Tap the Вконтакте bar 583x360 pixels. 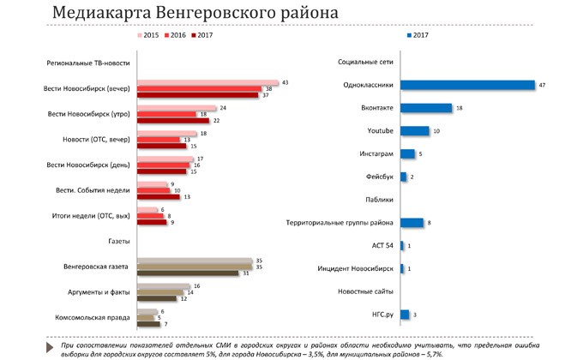[x=425, y=108]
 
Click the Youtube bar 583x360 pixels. [x=414, y=130]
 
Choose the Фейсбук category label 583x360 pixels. [x=378, y=177]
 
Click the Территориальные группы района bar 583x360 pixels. [x=412, y=223]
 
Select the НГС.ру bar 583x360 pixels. [x=404, y=315]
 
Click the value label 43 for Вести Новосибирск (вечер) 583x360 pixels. [x=285, y=81]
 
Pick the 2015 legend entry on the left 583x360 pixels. [x=147, y=36]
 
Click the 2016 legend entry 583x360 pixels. [x=174, y=36]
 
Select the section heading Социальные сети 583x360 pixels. [x=365, y=63]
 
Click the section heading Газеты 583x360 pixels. [x=116, y=243]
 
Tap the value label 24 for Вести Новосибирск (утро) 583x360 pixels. [x=223, y=108]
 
